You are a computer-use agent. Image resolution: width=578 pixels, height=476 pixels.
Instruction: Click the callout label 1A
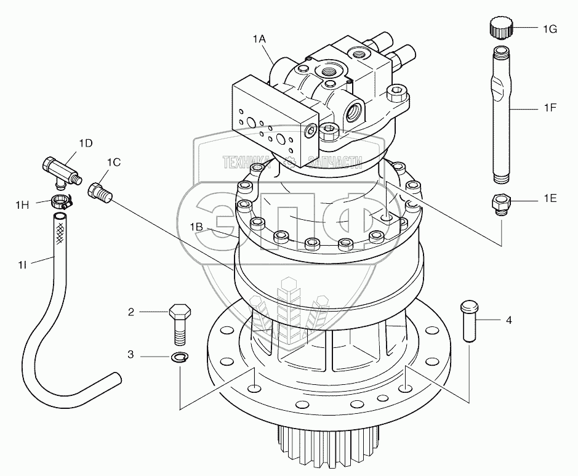[259, 39]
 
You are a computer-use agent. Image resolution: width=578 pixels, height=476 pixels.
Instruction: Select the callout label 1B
[196, 227]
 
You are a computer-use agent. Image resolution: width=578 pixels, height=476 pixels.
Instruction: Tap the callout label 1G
[550, 28]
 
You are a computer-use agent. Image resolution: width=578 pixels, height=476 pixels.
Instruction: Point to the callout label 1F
[549, 108]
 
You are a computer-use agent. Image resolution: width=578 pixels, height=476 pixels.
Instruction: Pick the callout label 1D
[86, 143]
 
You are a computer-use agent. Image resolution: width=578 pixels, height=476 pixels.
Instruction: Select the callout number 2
[130, 312]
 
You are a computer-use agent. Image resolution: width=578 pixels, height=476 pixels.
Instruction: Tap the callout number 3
[130, 355]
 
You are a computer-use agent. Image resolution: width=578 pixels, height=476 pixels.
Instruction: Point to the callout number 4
[508, 320]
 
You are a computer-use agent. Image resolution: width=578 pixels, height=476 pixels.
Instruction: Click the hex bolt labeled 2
[179, 323]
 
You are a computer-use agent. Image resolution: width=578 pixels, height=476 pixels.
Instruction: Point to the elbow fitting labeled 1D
[59, 170]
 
